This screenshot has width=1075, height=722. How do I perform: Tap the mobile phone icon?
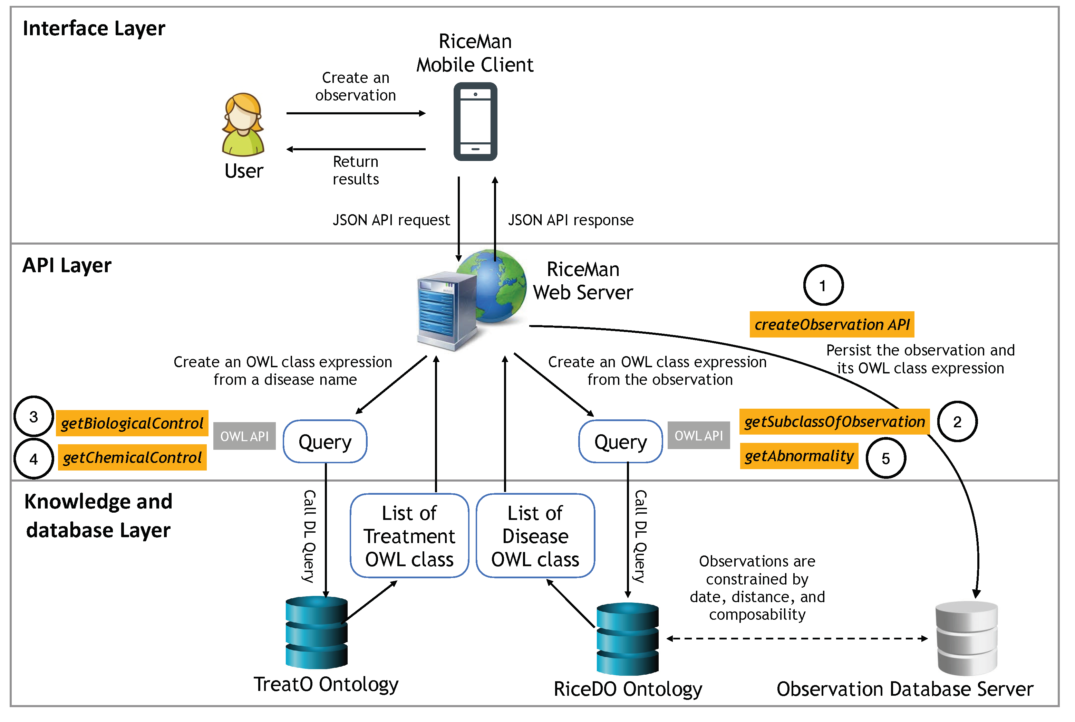475,122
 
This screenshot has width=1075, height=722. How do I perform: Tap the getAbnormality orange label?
798,456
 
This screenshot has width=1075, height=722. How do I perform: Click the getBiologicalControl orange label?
132,423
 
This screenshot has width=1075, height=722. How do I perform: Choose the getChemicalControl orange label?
132,457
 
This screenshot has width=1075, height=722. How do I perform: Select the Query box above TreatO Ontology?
325,441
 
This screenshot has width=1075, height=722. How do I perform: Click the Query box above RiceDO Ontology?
620,441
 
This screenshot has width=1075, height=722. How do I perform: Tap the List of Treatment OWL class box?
409,535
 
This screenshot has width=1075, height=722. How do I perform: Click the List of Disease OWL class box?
535,535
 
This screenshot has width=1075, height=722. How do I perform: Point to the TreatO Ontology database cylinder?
316,632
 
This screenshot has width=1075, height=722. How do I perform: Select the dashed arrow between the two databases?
796,638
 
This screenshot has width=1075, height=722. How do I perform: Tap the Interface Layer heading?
94,29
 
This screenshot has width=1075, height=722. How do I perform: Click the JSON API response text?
570,220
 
